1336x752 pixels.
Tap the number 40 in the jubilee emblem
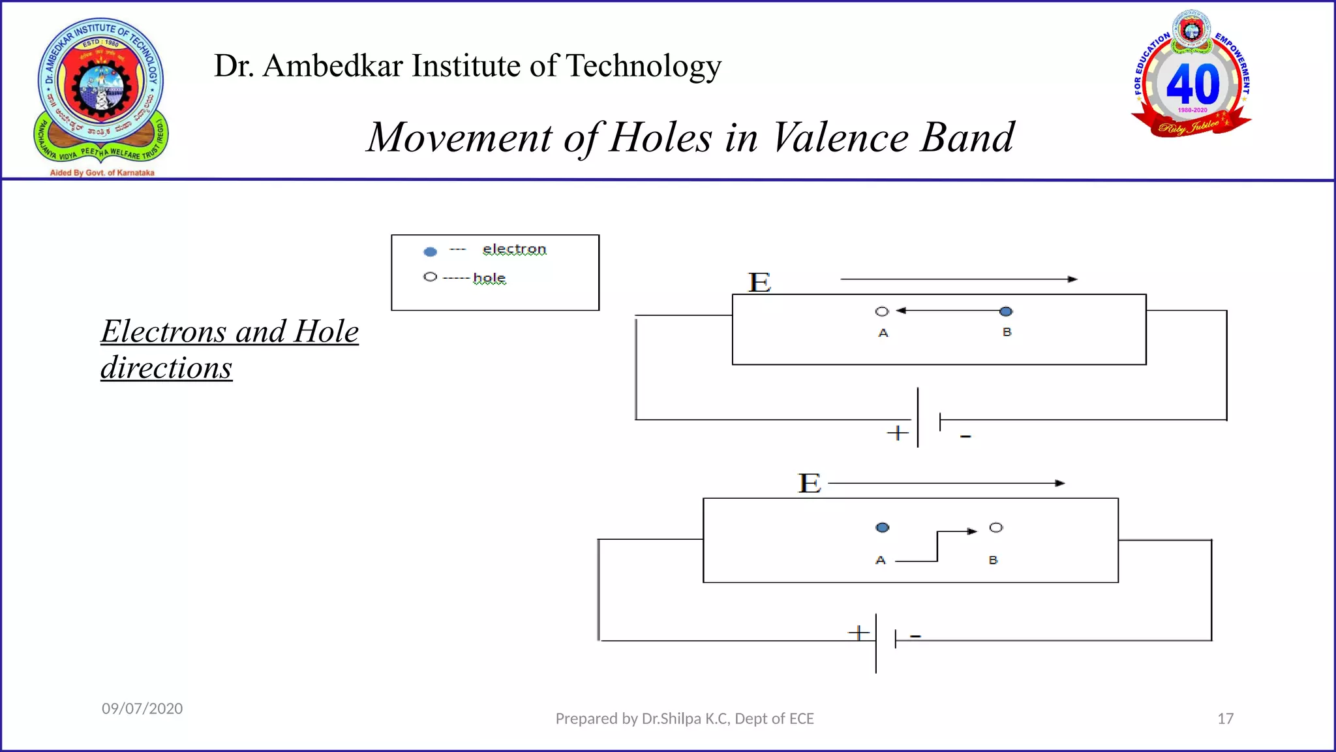point(1192,84)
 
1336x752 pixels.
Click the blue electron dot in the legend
point(430,251)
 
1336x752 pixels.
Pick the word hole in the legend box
point(489,278)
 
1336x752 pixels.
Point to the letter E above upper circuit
point(759,283)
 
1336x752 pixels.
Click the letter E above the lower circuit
point(810,484)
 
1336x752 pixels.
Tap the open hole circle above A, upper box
point(882,311)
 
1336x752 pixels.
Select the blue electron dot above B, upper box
point(1006,311)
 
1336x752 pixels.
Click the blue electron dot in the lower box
point(883,527)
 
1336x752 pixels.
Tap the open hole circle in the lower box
point(995,527)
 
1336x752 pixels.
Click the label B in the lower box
point(993,560)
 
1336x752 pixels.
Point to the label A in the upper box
point(883,333)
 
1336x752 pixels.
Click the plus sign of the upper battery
point(898,433)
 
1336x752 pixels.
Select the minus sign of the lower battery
point(915,635)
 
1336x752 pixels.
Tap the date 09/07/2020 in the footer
point(142,708)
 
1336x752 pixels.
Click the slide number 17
point(1225,719)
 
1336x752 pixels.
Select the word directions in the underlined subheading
point(166,368)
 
